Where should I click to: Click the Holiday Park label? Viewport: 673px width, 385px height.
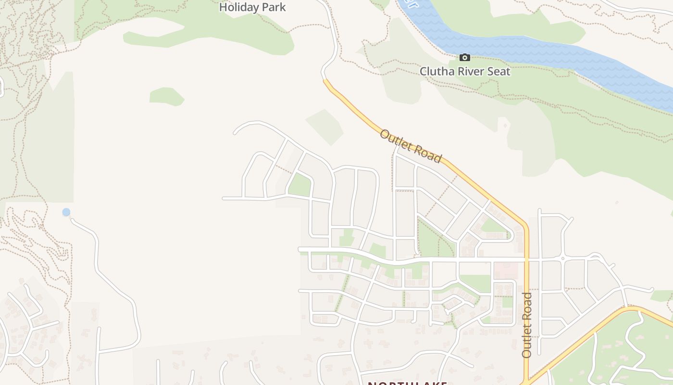(x=252, y=7)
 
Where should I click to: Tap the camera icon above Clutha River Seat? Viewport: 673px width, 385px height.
(x=465, y=58)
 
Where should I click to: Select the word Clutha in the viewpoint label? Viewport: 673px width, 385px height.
(x=436, y=72)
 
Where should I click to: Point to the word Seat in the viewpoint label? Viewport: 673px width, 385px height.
(x=499, y=72)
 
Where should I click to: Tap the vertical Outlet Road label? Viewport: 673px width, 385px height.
(x=527, y=325)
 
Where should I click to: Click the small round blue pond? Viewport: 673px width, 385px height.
(x=66, y=212)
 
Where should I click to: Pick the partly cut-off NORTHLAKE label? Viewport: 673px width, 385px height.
(x=408, y=383)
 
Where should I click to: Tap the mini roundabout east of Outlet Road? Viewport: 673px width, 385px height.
(x=563, y=259)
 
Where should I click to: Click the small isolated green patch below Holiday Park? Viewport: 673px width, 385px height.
(x=166, y=96)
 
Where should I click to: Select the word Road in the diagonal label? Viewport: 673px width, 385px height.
(x=425, y=153)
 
